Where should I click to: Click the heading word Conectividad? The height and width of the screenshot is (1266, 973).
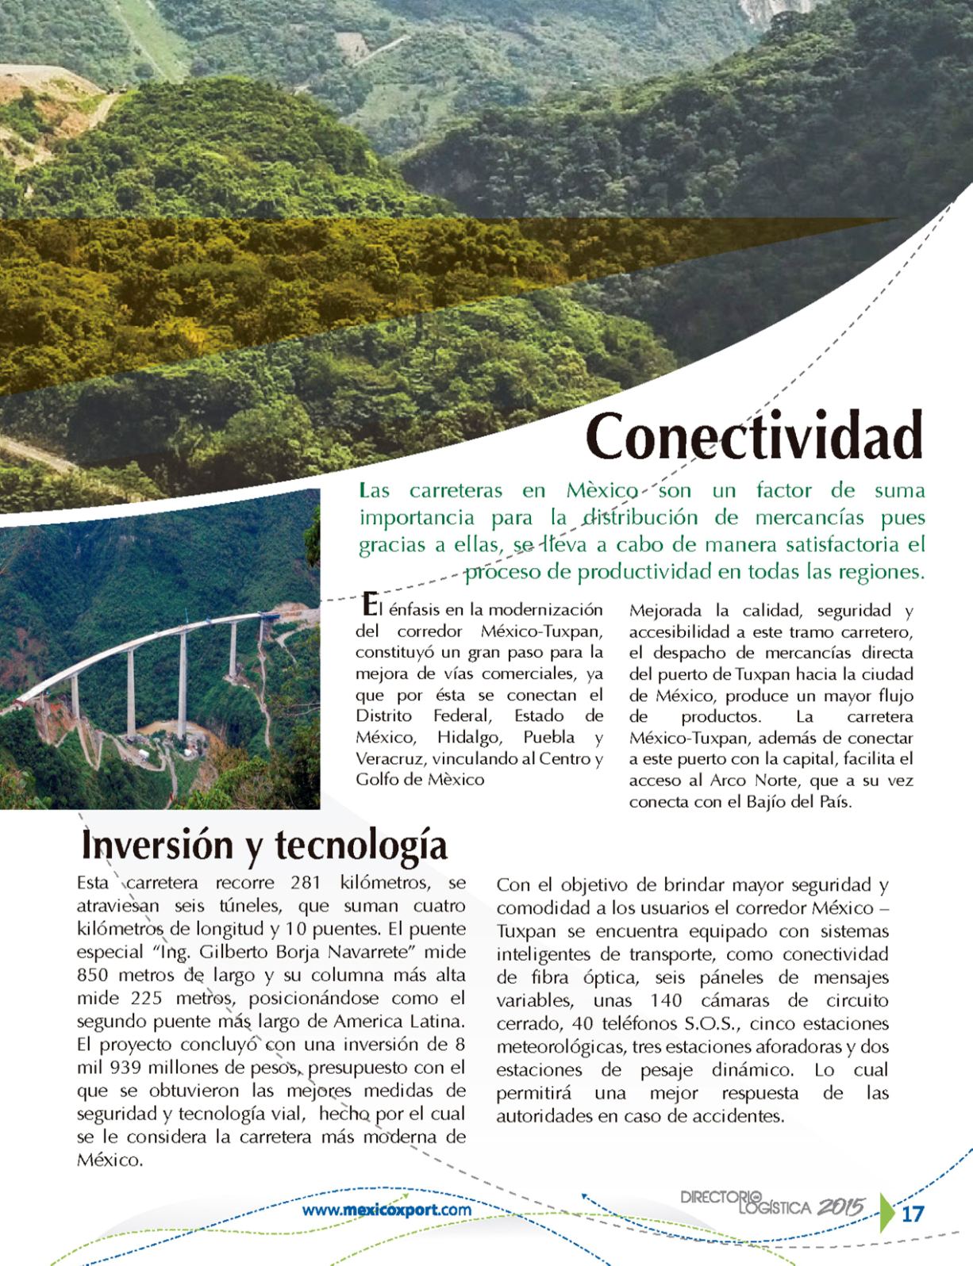point(755,436)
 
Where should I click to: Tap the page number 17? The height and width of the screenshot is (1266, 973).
point(913,1214)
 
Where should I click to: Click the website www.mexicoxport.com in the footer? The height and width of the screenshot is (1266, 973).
point(387,1210)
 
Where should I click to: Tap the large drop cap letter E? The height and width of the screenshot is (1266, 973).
point(366,605)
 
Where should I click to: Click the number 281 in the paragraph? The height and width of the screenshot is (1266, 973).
point(306,883)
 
